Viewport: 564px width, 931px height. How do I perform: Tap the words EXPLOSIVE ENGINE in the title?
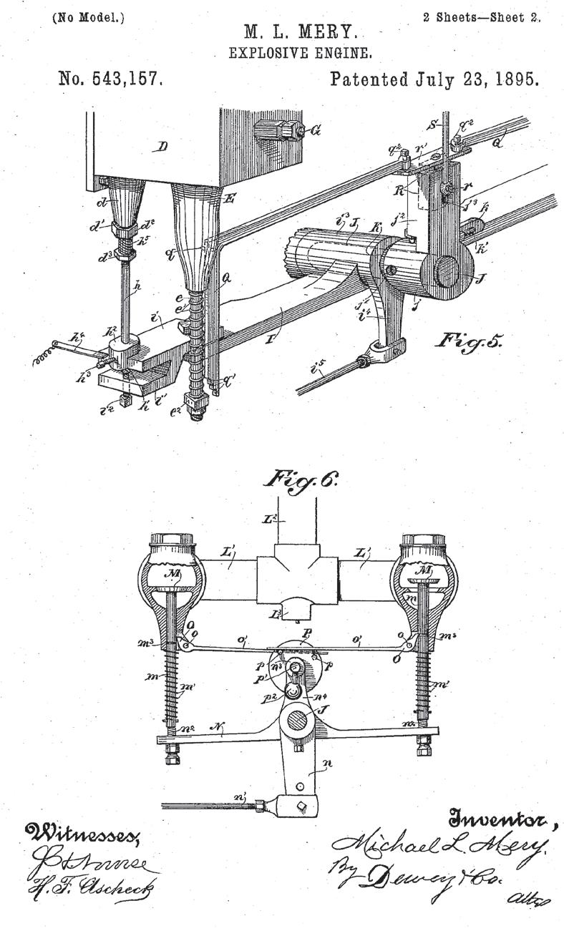[299, 53]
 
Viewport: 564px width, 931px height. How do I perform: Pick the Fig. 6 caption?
[300, 479]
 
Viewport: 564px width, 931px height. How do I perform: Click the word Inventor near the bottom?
[502, 819]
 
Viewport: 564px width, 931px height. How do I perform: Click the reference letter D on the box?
[162, 147]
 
